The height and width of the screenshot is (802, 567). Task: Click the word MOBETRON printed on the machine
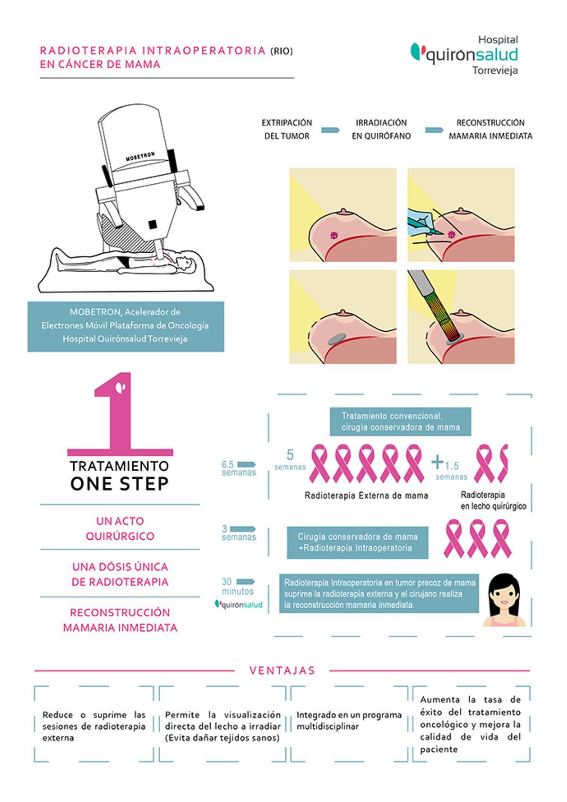click(140, 156)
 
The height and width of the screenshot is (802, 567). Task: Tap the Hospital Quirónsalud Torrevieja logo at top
click(464, 55)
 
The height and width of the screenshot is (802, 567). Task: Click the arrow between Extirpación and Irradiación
click(330, 130)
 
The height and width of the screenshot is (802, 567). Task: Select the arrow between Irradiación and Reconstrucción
click(434, 130)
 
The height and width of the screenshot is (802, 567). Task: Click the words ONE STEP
click(119, 484)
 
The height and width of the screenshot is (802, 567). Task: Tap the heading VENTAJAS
click(282, 670)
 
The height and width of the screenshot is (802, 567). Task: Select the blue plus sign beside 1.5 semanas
click(437, 462)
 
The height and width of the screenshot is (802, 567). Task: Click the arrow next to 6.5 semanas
click(246, 465)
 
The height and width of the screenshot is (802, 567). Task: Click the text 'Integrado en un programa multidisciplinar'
click(349, 721)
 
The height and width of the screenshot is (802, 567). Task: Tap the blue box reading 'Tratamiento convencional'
click(400, 422)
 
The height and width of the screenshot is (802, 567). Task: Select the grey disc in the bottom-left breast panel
click(337, 338)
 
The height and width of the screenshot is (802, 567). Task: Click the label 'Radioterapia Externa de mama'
click(366, 496)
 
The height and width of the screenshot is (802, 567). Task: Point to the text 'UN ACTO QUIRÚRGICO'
click(120, 528)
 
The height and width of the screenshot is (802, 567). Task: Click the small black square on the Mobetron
click(153, 224)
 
